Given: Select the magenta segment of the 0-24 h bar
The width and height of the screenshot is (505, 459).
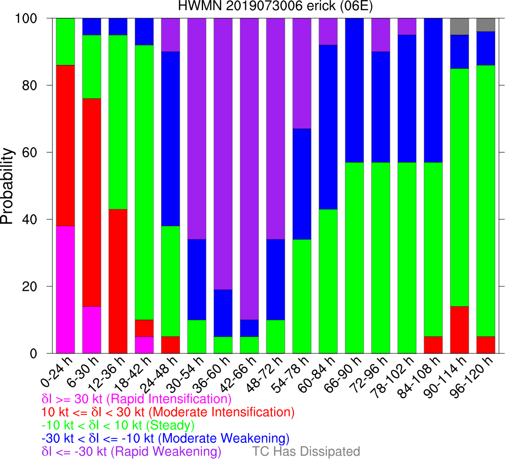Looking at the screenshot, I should coord(65,289).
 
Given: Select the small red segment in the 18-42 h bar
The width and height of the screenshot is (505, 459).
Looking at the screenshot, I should coord(144,328).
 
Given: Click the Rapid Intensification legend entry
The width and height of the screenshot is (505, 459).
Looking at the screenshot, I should coord(137,399).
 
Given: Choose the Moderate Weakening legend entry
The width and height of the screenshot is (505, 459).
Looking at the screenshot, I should coord(165,438).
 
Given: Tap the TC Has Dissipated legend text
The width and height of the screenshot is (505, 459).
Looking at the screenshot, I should coord(306,451).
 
